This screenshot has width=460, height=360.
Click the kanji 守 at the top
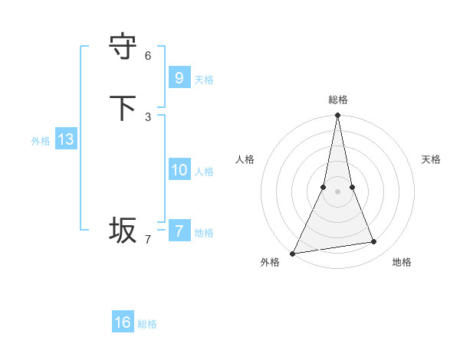coord(123,45)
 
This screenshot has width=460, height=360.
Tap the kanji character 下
coord(123,106)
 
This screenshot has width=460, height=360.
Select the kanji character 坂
coord(123,229)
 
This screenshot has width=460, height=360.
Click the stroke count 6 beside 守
coord(148,55)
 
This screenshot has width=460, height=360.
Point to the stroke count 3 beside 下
coord(148,116)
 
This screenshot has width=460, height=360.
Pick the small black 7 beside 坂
coord(148,239)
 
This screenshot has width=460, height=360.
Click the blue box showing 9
coord(179,77)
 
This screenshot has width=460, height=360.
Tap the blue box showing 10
coord(179,169)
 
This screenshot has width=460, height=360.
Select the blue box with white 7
coord(179,231)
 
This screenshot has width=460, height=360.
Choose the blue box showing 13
coord(65,139)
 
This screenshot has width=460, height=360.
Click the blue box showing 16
coord(123,322)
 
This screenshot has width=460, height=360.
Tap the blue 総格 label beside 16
coord(147,324)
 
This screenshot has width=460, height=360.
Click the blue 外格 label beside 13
coord(41,141)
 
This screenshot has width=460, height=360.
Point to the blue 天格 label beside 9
coord(204,79)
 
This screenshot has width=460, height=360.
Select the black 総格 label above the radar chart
coord(337,100)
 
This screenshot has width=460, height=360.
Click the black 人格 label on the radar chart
coord(245,159)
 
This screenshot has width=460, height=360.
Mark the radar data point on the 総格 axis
coord(337,116)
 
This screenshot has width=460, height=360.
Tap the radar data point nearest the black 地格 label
coord(374,242)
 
